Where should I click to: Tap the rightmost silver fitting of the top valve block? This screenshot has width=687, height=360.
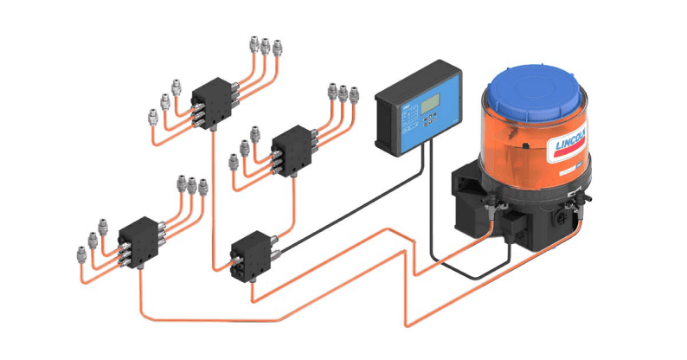[x=278, y=45]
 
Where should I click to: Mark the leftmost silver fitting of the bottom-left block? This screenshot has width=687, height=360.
[x=82, y=252]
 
